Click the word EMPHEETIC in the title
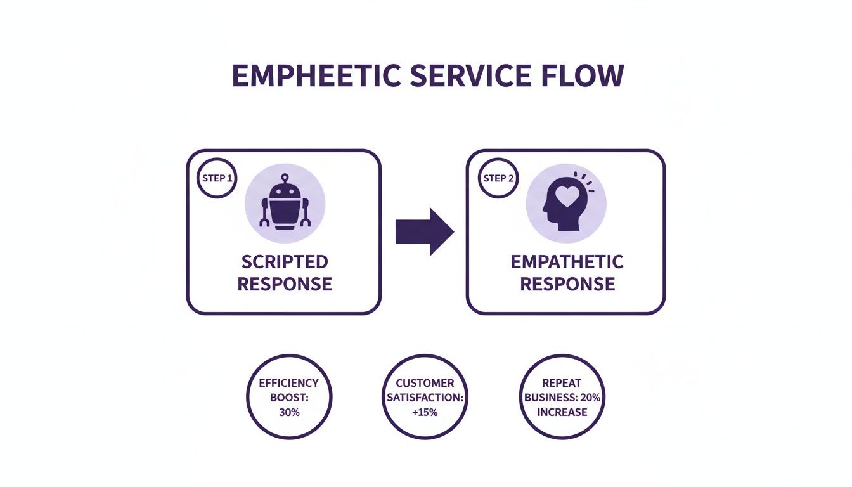coord(314,76)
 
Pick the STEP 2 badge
coord(498,178)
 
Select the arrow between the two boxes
coord(424,232)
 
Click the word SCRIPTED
coord(285,262)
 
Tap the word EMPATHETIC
coord(567,262)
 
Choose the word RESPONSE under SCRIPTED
coord(285,283)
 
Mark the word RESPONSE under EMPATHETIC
coord(567,283)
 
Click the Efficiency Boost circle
coord(289,398)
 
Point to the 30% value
coord(289,412)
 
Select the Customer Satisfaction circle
coord(425,398)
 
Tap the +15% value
coord(425,412)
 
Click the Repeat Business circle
coord(562,398)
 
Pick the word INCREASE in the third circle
coord(562,412)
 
